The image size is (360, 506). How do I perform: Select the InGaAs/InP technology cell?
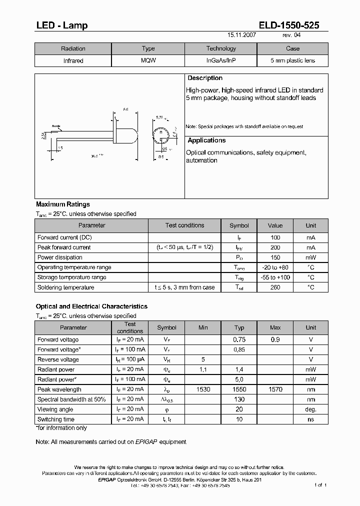click(x=221, y=61)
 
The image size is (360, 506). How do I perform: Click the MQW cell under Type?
click(x=148, y=61)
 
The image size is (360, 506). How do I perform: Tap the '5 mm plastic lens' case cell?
click(x=292, y=61)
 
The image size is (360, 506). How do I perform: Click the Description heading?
click(x=205, y=78)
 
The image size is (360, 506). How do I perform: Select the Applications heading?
click(x=206, y=141)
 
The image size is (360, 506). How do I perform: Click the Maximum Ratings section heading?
click(x=63, y=204)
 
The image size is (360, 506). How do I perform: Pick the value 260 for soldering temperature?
click(x=275, y=287)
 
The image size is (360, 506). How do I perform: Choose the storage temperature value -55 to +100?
click(x=275, y=277)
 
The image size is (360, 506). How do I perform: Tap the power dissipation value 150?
click(x=275, y=257)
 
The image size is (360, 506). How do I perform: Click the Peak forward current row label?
click(x=64, y=247)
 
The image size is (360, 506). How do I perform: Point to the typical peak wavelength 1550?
click(x=239, y=389)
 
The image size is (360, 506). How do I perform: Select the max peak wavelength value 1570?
click(x=275, y=389)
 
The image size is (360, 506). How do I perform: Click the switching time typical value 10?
click(x=239, y=419)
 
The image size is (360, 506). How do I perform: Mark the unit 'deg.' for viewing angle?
click(x=311, y=409)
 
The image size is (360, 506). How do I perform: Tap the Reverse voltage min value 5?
click(x=203, y=359)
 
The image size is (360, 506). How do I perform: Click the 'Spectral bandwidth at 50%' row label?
click(x=71, y=399)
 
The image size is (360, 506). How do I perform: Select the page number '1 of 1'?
click(x=320, y=485)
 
